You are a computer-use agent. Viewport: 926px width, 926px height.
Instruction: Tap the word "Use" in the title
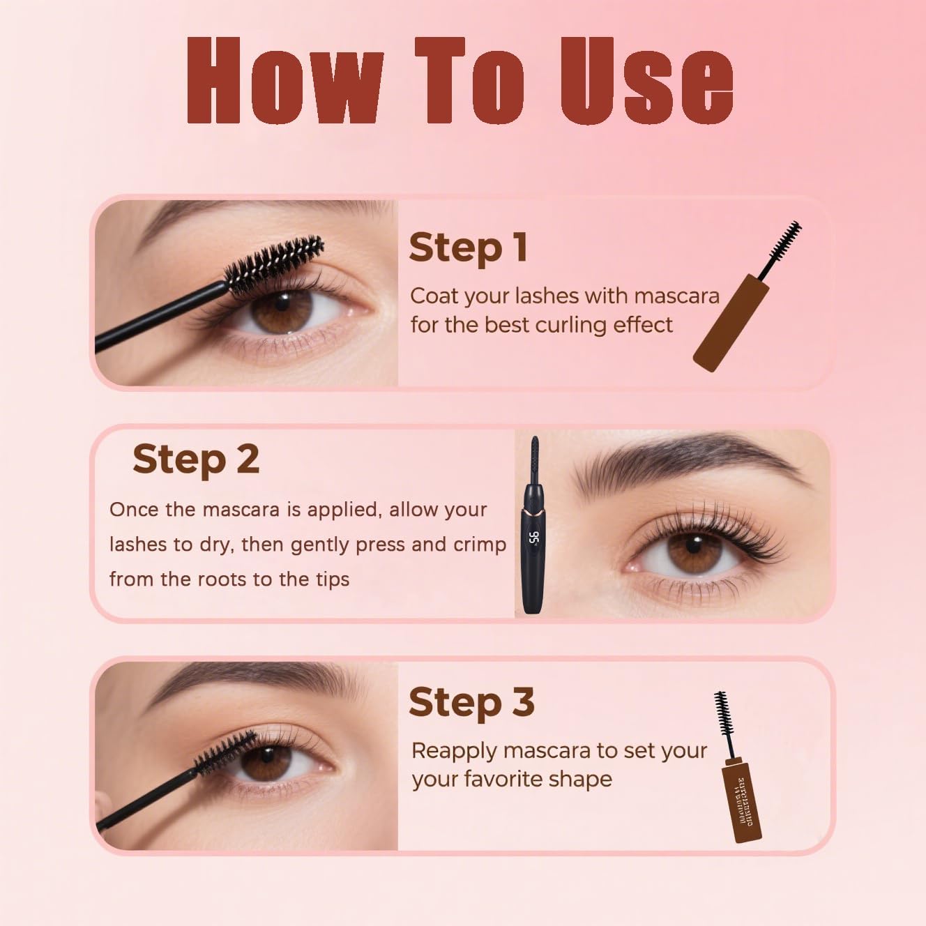coord(646,79)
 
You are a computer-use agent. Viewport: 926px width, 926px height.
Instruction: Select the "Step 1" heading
coord(468,248)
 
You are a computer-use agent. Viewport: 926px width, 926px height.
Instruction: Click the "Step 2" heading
coord(196,460)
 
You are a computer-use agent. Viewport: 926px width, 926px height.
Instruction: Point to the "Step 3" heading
coord(471,702)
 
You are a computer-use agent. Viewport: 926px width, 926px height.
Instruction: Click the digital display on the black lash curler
coord(534,538)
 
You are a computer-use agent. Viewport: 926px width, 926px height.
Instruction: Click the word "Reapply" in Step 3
coord(454,752)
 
